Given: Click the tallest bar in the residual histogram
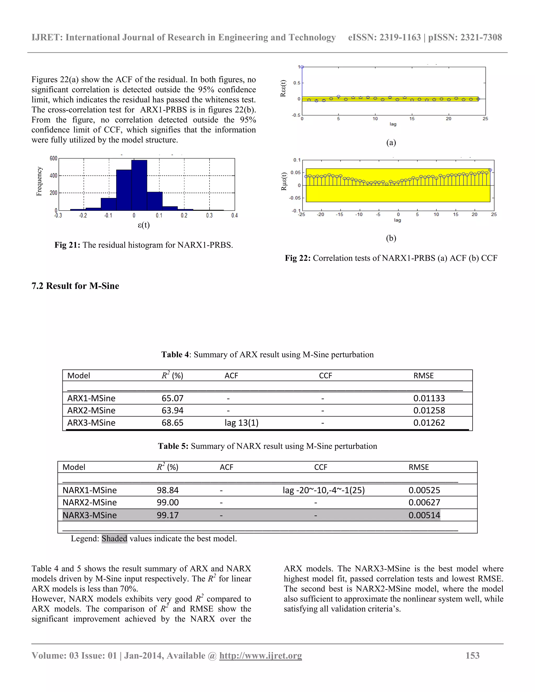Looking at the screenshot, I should (x=139, y=185).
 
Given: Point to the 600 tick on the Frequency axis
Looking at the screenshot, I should (x=53, y=159).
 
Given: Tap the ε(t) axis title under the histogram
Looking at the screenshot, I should (x=144, y=225).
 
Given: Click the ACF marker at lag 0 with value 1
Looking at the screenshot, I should (x=302, y=67).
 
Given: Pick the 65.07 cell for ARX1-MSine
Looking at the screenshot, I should (x=172, y=398).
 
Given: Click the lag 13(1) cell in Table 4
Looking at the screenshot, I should (x=242, y=423).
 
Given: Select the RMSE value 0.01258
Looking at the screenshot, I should (x=429, y=411).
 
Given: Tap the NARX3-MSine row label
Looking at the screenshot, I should (x=89, y=515).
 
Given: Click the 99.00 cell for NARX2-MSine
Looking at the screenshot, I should (x=168, y=502).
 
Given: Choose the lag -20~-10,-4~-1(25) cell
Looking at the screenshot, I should (x=324, y=490).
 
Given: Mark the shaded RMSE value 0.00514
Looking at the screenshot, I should (x=424, y=515).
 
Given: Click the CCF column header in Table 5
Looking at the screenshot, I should (x=321, y=467).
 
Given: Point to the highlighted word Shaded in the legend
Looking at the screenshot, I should (x=114, y=539).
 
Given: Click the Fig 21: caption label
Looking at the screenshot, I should (x=67, y=245).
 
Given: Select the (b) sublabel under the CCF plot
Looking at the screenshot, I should (x=391, y=238).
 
